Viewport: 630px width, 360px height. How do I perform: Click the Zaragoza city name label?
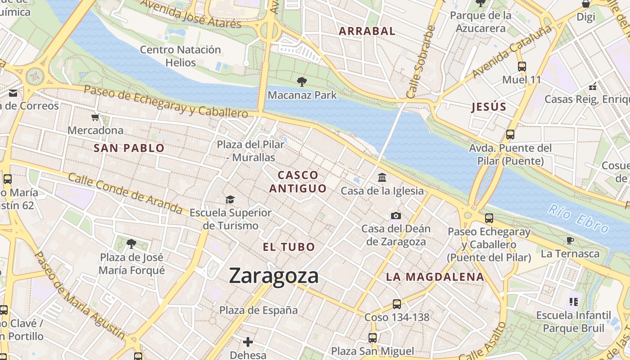pos(274,275)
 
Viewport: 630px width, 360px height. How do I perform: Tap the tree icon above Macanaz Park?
pos(302,82)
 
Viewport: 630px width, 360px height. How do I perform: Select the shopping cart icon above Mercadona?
pos(95,117)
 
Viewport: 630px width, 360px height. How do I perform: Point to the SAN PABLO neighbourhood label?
pos(129,148)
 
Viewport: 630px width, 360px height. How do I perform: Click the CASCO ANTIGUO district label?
pos(298,182)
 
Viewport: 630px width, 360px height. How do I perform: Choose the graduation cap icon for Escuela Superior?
pos(230,199)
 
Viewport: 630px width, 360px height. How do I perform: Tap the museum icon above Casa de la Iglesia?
pos(382,177)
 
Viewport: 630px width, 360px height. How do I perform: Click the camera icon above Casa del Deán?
pos(396,216)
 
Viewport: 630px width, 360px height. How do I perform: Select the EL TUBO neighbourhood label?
pos(289,247)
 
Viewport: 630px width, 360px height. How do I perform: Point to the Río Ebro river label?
pos(578,218)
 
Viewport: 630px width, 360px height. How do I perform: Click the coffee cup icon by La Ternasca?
pos(570,240)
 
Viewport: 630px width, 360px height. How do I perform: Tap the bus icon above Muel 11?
pos(522,67)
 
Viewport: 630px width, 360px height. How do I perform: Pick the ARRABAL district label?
pos(367,31)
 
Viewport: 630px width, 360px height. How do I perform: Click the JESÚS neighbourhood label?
pos(489,107)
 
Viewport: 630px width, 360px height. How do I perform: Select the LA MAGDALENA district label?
pos(435,277)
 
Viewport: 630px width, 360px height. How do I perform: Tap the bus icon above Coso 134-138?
pos(396,304)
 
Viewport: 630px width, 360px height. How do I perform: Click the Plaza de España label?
pos(258,310)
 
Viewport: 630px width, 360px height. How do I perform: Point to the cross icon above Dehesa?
pos(247,342)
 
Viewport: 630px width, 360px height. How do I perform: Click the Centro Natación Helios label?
pos(180,56)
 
